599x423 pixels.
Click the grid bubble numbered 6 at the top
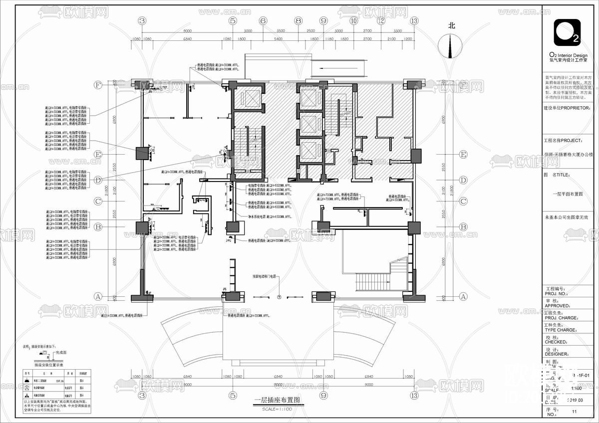click(263, 21)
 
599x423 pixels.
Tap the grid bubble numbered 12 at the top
click(381, 21)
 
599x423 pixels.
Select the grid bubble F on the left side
click(98, 85)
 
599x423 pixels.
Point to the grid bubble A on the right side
click(463, 296)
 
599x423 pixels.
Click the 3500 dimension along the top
click(281, 31)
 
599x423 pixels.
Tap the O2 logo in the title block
click(567, 32)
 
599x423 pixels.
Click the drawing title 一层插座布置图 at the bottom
click(277, 400)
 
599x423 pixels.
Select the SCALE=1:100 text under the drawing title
click(277, 409)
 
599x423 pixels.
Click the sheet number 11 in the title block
click(574, 412)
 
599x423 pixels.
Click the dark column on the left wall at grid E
click(142, 153)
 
